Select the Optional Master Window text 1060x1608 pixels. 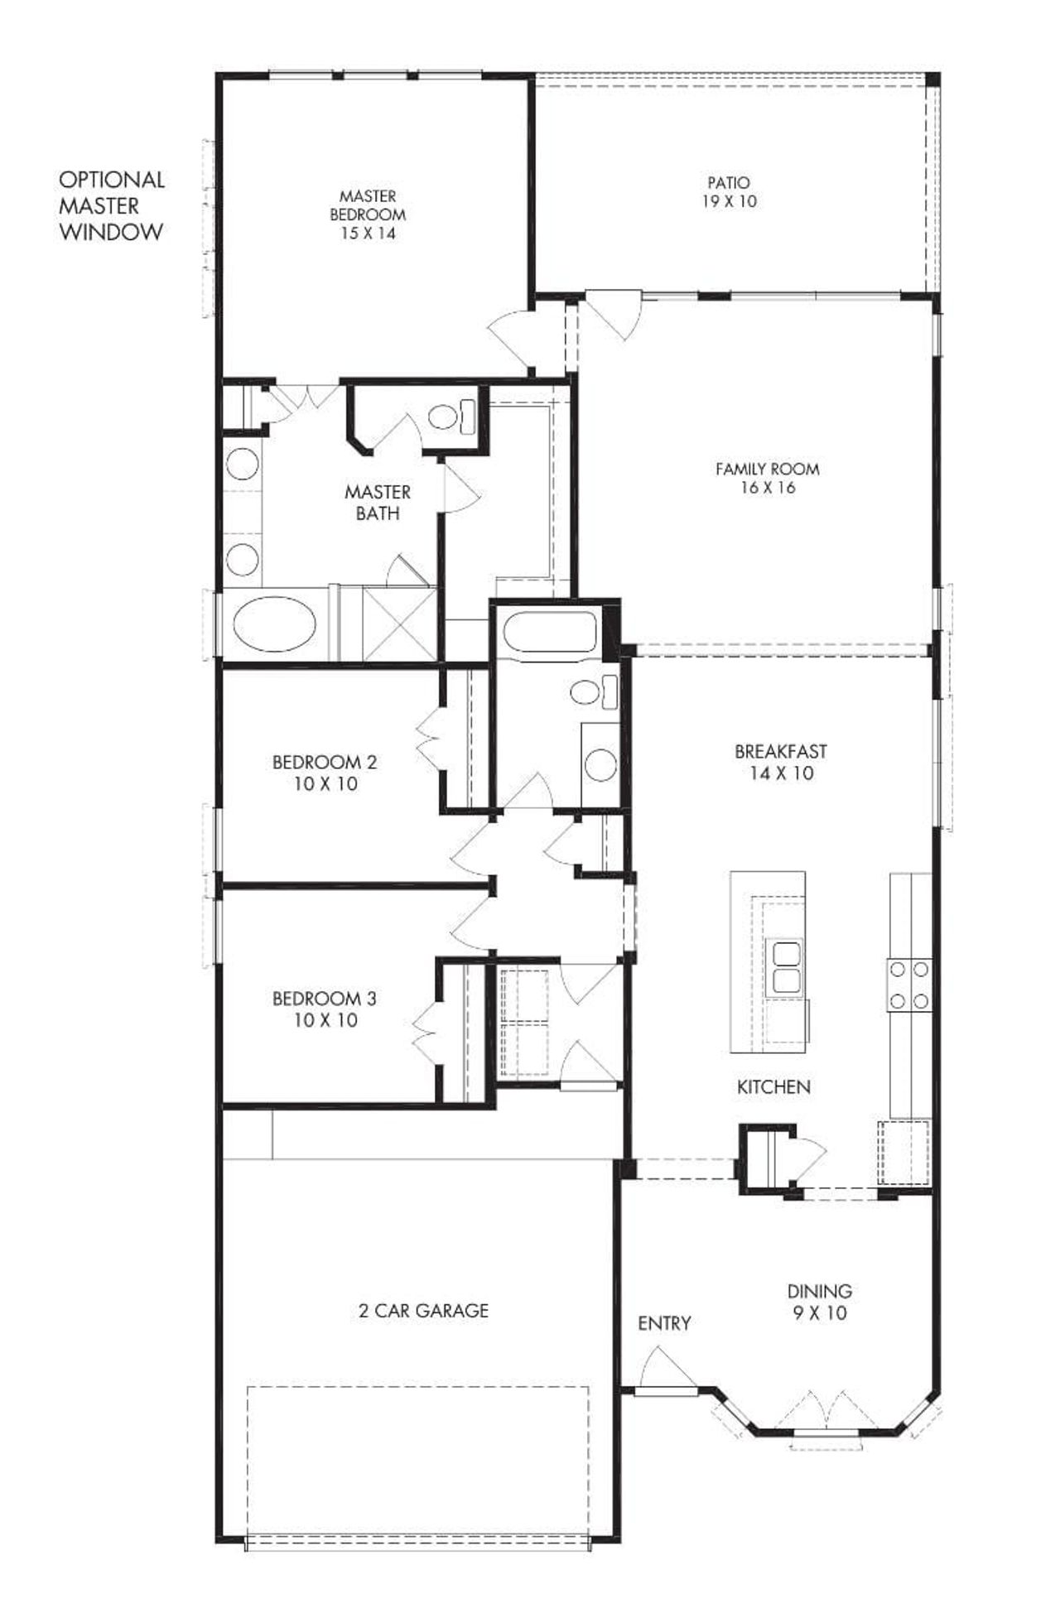point(111,205)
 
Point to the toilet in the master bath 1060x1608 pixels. point(451,414)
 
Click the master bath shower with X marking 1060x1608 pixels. point(399,622)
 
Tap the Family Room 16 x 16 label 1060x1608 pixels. point(767,478)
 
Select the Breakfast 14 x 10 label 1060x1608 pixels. point(780,762)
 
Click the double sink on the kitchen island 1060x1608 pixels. point(784,965)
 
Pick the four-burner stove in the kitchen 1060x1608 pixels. point(909,984)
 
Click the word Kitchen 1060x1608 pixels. point(773,1086)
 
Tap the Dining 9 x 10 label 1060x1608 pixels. point(819,1302)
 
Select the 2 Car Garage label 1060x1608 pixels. point(423,1310)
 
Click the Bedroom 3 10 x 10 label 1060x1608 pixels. point(325,1009)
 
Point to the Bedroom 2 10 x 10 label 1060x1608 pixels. point(325,772)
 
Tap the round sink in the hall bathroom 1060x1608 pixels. point(600,764)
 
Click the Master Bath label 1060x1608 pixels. point(378,502)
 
